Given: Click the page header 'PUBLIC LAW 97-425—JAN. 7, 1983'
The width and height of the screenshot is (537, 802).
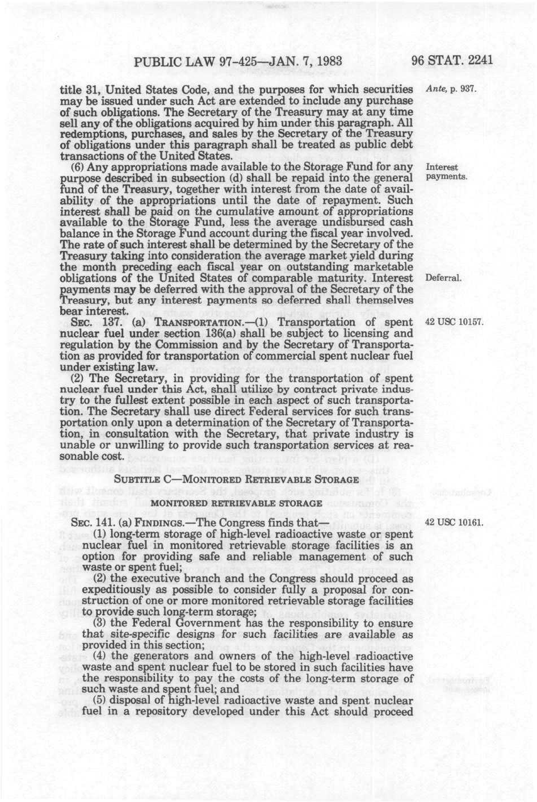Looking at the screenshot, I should (238, 60).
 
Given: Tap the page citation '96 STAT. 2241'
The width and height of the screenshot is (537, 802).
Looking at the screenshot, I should (452, 60).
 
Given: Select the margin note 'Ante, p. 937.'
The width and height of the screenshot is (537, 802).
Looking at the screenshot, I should (449, 90).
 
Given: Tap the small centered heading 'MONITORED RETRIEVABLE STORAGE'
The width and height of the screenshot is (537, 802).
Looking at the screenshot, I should (237, 503).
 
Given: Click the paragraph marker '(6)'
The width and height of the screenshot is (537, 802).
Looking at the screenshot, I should (78, 168).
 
